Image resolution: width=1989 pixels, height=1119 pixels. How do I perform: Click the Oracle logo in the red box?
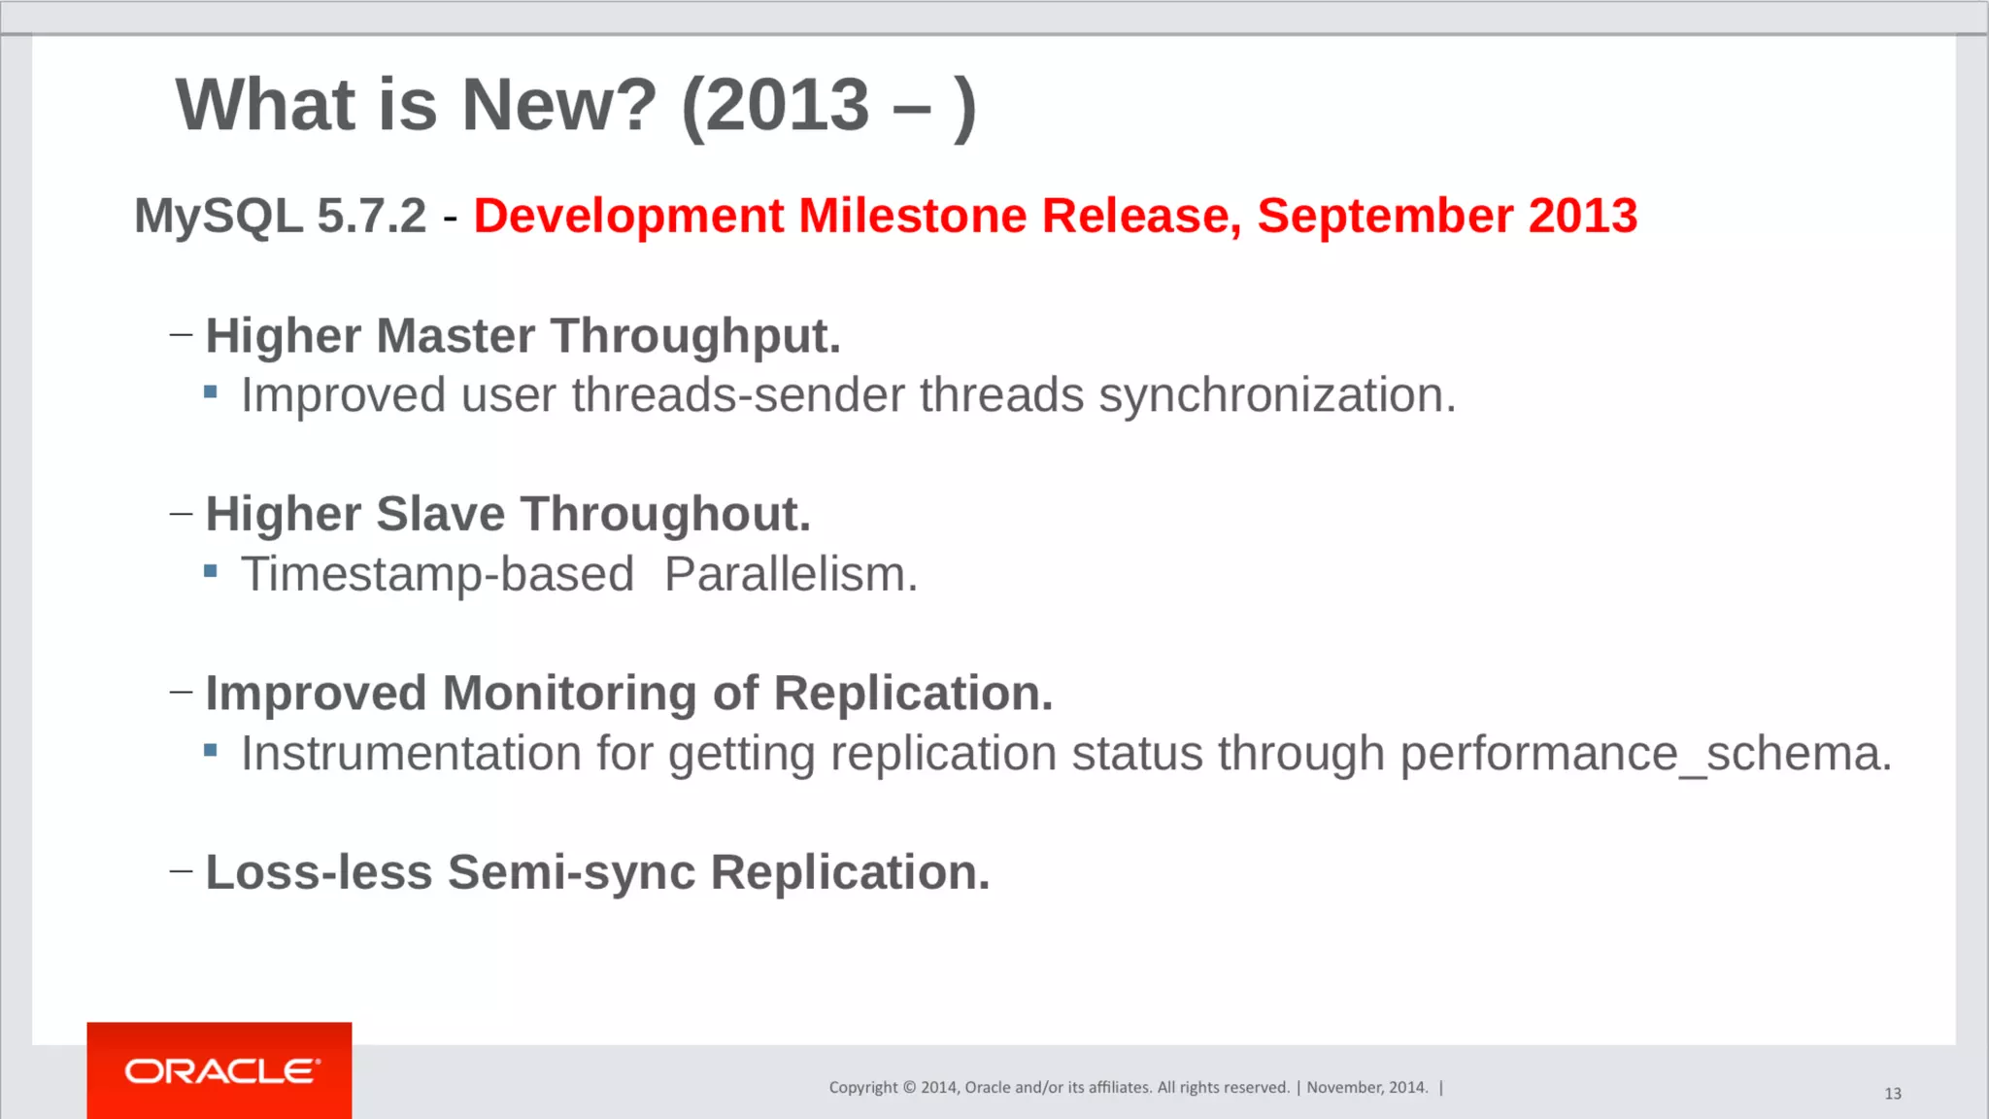220,1070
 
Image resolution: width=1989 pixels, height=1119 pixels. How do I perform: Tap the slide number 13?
1892,1094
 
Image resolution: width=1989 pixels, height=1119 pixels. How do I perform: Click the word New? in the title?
558,105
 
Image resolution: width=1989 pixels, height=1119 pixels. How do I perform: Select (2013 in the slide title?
775,105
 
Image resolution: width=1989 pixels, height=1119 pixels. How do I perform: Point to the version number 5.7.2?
372,216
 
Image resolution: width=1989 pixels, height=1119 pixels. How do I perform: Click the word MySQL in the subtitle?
219,216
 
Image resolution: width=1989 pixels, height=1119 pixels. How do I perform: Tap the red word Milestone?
912,216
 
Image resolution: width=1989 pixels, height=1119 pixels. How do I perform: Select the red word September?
1385,216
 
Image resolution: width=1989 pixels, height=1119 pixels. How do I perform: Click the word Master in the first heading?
455,336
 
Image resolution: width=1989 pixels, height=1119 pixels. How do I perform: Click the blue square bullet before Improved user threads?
211,392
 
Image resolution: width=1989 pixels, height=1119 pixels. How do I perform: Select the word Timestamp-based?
437,574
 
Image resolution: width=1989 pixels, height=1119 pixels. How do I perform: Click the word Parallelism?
791,574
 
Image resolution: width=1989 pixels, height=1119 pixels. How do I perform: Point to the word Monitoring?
569,694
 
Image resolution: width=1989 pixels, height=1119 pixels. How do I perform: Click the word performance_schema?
1645,754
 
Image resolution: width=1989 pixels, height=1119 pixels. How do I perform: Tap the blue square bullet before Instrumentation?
211,750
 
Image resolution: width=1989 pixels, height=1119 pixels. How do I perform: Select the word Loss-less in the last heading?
319,872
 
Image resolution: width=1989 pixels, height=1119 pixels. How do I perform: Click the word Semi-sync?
571,872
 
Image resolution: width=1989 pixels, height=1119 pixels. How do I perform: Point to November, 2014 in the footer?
1366,1088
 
